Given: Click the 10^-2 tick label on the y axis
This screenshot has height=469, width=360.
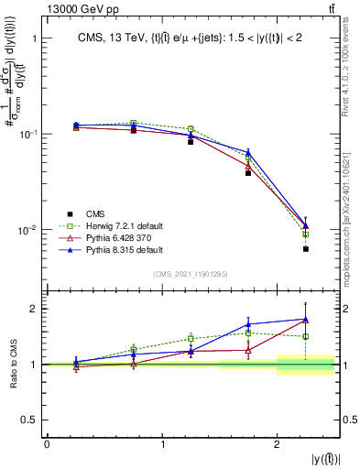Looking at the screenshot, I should click(28, 229).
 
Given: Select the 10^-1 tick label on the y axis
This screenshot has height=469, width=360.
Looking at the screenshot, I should click(28, 134).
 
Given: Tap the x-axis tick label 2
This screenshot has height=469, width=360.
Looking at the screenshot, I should click(277, 444).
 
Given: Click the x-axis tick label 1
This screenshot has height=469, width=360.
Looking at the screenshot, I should click(162, 444).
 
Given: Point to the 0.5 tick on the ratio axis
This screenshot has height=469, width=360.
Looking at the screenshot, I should click(27, 420).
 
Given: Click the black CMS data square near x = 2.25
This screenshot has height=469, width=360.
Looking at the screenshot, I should click(305, 248).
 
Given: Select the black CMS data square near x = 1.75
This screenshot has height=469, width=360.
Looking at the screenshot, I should click(248, 172).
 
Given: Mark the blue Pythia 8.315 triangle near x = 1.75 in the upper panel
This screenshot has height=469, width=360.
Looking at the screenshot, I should click(248, 152).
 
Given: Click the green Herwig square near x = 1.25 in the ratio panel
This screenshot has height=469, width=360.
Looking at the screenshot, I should click(191, 338).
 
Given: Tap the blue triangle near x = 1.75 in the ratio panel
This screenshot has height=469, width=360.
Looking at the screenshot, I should click(248, 323).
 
